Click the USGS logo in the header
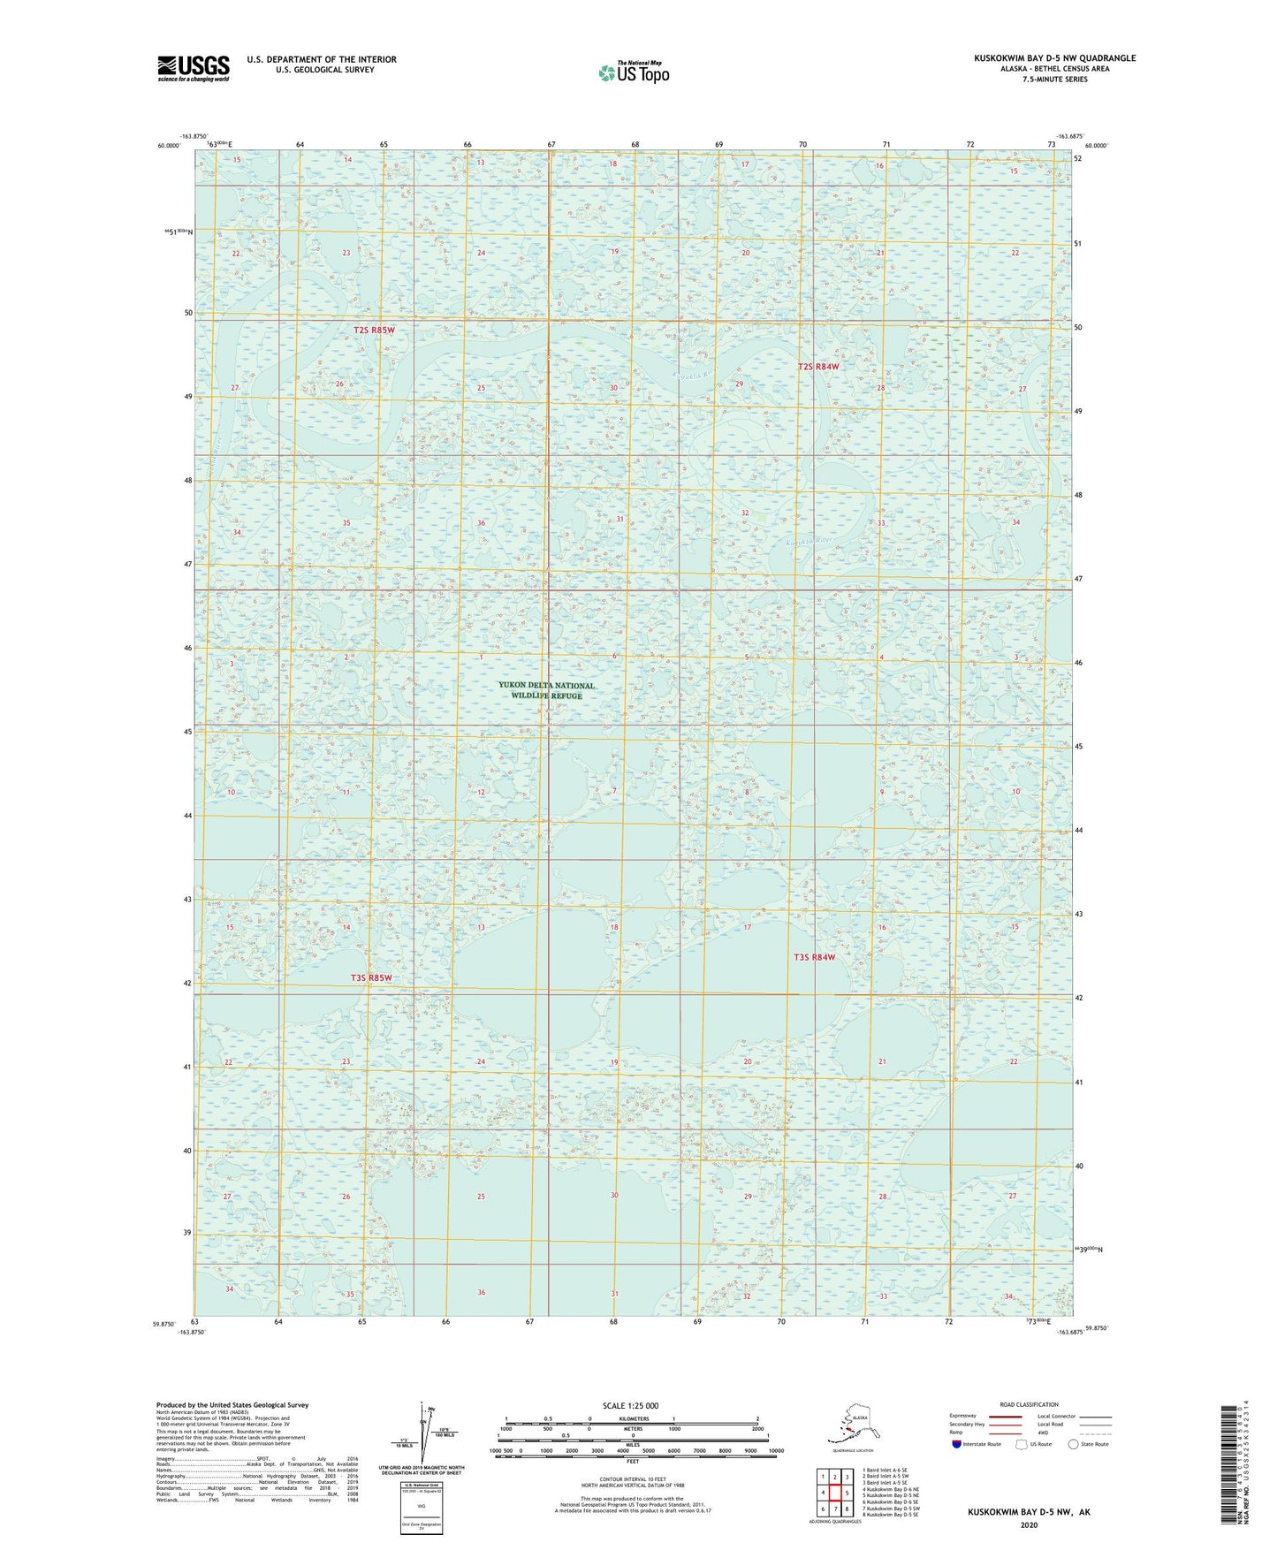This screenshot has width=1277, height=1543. click(x=193, y=67)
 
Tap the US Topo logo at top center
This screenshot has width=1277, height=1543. click(x=633, y=72)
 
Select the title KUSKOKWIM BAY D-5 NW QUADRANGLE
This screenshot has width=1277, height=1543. click(x=1054, y=58)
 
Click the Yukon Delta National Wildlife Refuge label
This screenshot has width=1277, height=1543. click(x=546, y=690)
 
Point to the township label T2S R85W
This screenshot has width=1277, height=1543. click(x=374, y=330)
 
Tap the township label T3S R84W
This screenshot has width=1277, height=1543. click(x=814, y=957)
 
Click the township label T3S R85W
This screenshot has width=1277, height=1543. click(x=370, y=978)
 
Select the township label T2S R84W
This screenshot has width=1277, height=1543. click(x=817, y=366)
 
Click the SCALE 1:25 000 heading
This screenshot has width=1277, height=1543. click(x=630, y=1405)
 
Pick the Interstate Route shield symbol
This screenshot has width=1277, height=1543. click(x=956, y=1444)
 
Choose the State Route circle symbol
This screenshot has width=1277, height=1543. click(x=1073, y=1444)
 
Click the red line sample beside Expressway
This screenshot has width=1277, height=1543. click(x=1004, y=1416)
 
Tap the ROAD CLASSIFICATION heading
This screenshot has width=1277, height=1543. click(x=1029, y=1404)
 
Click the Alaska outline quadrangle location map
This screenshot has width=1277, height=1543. click(x=851, y=1425)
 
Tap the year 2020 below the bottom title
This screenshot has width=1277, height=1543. click(x=1029, y=1524)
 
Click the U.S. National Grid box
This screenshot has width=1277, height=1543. click(x=421, y=1507)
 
